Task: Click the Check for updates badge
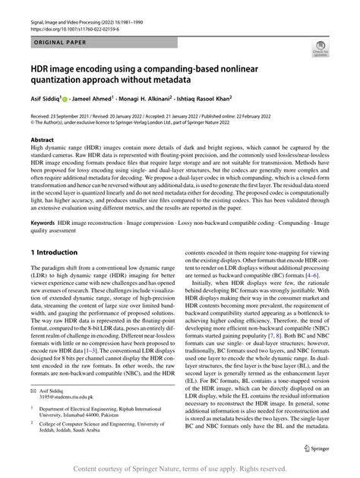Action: [x=321, y=52]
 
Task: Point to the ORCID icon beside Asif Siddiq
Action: [x=73, y=97]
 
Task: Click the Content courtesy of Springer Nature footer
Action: [x=180, y=469]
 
